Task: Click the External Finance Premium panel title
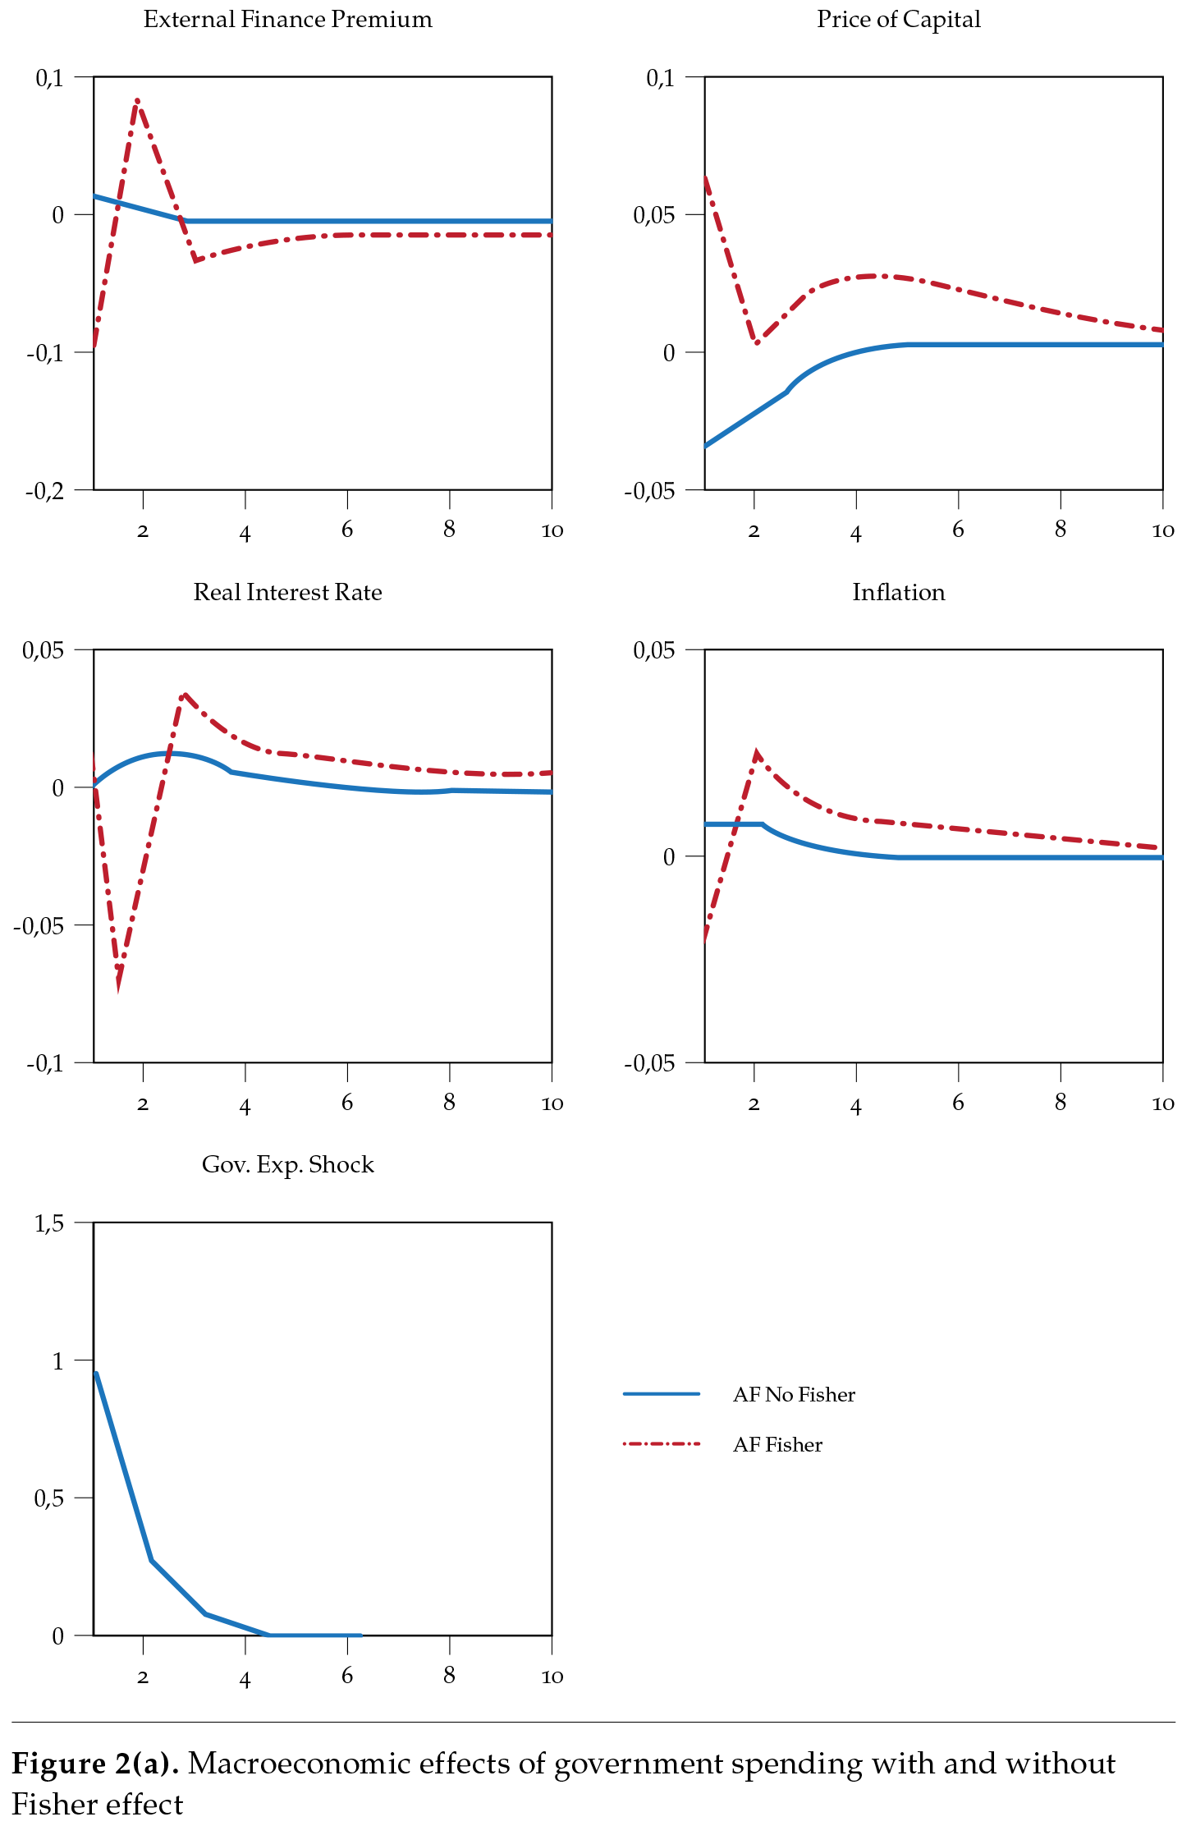[287, 20]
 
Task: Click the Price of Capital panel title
[898, 20]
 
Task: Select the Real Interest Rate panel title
[287, 592]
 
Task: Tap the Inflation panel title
[898, 592]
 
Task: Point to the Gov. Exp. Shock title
[287, 1164]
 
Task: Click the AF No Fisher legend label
[794, 1394]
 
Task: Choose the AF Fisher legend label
[777, 1444]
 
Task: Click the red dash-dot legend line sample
[662, 1443]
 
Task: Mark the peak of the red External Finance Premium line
[137, 100]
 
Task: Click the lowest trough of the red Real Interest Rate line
[118, 986]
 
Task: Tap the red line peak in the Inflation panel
[756, 752]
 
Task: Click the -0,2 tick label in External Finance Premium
[44, 491]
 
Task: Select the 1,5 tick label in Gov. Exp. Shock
[48, 1223]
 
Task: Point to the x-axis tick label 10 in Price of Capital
[1162, 530]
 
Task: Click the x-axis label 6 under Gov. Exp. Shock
[347, 1676]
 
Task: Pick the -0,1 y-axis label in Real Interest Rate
[44, 1063]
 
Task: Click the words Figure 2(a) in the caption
[94, 1764]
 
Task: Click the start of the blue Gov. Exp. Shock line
[97, 1373]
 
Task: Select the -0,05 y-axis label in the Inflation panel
[649, 1063]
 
